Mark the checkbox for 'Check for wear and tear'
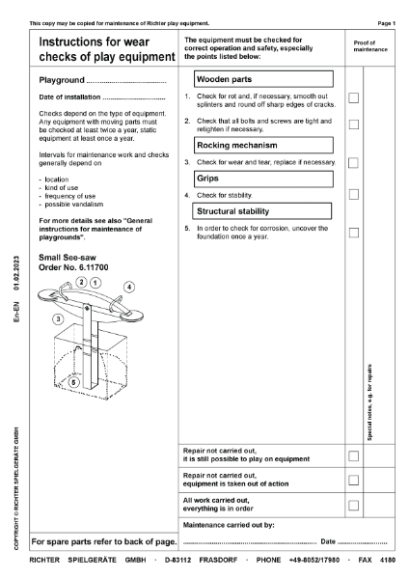point(353,162)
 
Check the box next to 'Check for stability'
point(353,195)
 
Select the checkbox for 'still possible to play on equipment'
point(353,455)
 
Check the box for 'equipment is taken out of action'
point(353,480)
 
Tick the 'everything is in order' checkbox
point(353,505)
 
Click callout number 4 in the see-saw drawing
point(129,287)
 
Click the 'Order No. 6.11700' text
point(74,265)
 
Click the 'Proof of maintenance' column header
point(369,45)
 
